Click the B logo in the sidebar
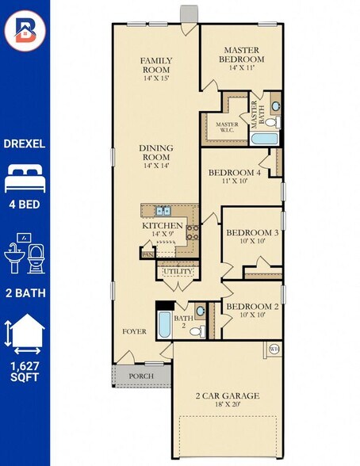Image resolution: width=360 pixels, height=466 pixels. click(25, 30)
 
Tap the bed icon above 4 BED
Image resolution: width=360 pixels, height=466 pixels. click(25, 179)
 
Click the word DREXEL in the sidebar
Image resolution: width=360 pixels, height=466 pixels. click(25, 144)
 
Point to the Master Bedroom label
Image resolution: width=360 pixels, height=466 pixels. click(241, 55)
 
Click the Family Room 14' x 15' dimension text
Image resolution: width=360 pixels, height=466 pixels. click(156, 78)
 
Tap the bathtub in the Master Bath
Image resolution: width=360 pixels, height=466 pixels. click(263, 139)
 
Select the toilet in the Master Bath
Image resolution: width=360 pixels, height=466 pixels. click(272, 121)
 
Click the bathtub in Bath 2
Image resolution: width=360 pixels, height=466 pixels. click(164, 325)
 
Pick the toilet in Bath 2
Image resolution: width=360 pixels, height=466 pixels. click(197, 331)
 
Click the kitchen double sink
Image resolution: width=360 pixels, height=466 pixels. click(163, 211)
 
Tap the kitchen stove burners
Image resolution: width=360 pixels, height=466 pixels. click(193, 232)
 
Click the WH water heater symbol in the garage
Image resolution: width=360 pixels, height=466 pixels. click(274, 349)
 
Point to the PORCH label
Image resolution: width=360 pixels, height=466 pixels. click(141, 376)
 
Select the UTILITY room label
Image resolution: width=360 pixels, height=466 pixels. click(178, 272)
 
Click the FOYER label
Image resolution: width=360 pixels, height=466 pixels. click(134, 331)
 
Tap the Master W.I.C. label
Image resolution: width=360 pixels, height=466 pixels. click(227, 127)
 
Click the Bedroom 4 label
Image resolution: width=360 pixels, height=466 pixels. click(234, 173)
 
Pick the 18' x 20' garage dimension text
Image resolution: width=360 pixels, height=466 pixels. click(228, 404)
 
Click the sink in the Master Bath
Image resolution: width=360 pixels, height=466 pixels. click(276, 106)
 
